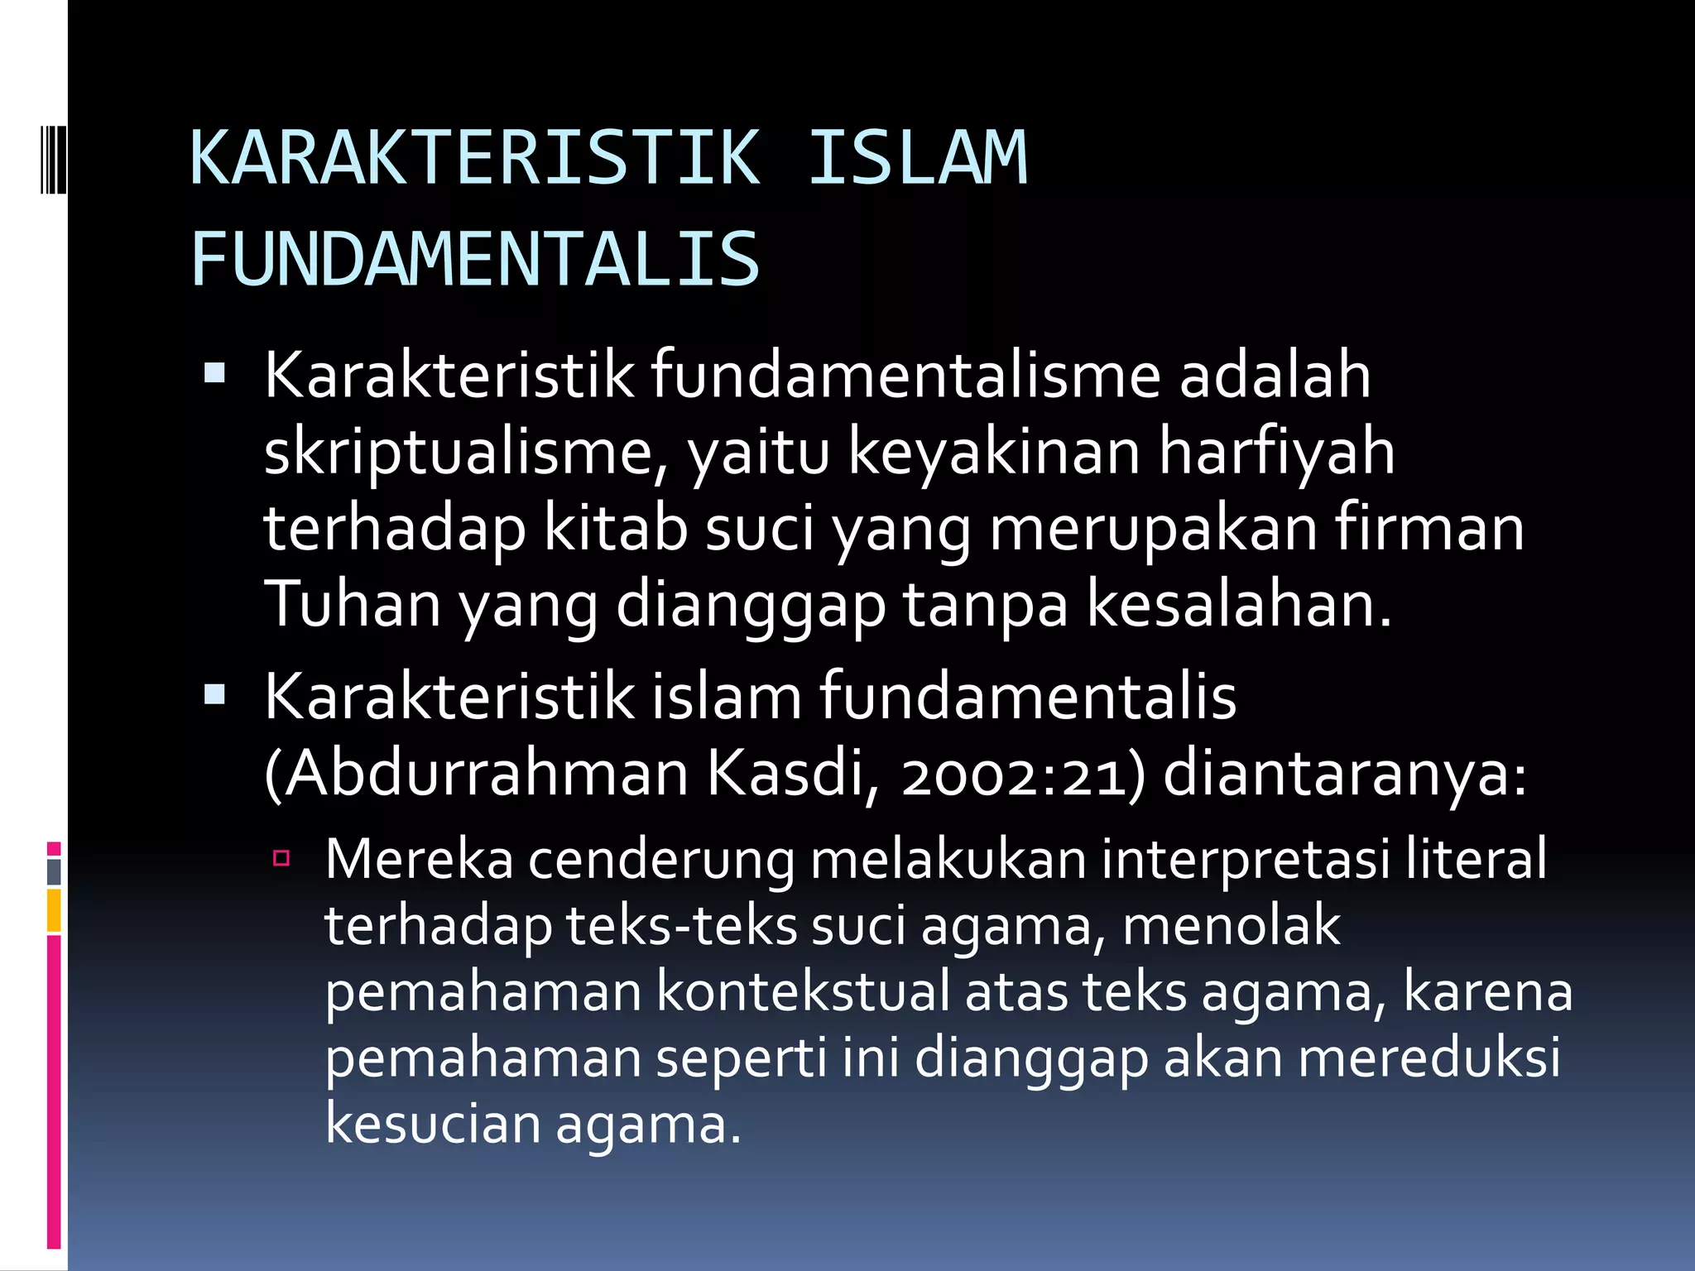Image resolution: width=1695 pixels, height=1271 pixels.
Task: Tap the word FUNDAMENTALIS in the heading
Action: (x=475, y=260)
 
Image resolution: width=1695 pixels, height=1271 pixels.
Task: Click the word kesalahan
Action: (x=1239, y=604)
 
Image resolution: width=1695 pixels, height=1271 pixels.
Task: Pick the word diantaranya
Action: (x=1345, y=774)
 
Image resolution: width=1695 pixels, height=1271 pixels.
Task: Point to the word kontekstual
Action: (x=803, y=991)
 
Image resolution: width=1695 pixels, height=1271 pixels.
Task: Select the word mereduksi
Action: (x=1429, y=1058)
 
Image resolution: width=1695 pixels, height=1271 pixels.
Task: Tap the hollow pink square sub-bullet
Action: (x=281, y=858)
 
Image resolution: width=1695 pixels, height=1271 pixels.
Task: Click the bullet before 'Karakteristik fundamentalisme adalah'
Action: (x=214, y=374)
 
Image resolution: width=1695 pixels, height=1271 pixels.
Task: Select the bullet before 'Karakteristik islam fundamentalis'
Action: (x=214, y=695)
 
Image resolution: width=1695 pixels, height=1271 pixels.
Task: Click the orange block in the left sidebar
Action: (x=54, y=910)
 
